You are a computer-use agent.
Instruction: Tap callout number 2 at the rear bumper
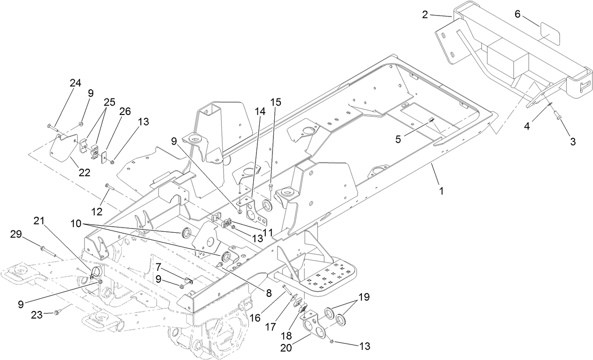point(425,15)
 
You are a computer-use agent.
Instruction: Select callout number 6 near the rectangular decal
point(517,15)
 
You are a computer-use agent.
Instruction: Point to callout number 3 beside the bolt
point(573,142)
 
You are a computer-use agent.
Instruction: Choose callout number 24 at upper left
point(75,83)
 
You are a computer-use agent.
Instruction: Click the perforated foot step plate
point(328,278)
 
